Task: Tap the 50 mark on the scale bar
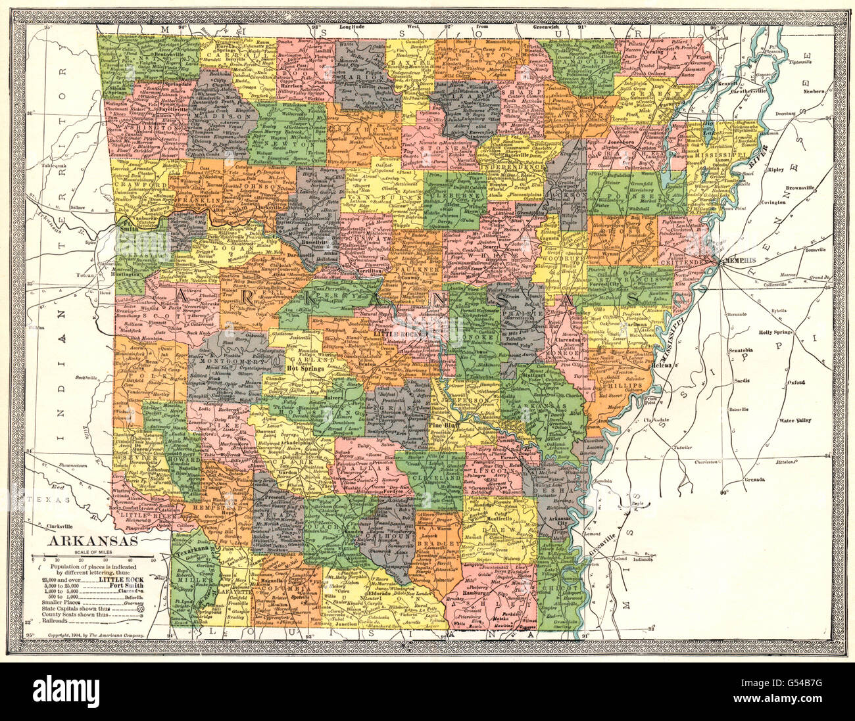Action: (153, 559)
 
